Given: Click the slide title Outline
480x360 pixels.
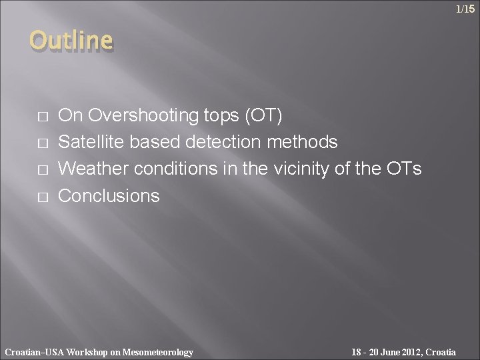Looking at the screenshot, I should coord(71,41).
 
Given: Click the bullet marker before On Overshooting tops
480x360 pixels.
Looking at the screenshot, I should coord(43,117).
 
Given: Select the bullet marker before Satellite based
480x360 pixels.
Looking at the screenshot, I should coord(43,143).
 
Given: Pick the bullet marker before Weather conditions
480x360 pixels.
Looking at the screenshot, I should coord(43,170).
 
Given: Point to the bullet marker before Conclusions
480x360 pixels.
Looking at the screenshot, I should coord(43,197).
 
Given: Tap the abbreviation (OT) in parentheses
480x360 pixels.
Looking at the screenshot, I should coord(265,116).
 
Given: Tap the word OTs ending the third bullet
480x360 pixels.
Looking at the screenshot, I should coord(403,169).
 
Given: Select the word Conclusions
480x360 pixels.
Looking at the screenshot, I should coord(109,196).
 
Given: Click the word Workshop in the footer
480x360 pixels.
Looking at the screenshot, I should coord(87,352).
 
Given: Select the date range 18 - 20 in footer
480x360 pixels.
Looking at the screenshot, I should coord(366,352).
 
